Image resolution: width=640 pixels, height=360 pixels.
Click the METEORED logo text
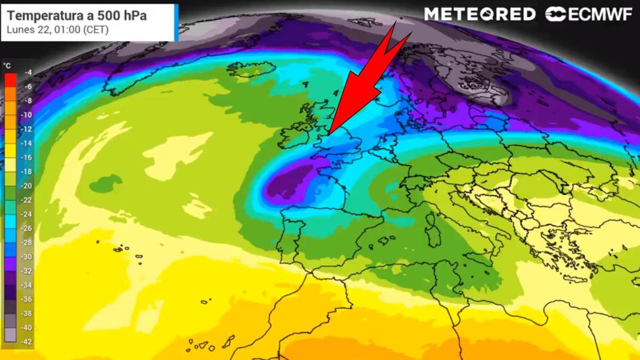pyautogui.click(x=479, y=14)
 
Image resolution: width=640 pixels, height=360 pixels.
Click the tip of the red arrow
pyautogui.click(x=328, y=133)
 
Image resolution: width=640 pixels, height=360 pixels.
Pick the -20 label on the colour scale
pyautogui.click(x=26, y=186)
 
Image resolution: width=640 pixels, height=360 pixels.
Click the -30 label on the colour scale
pyautogui.click(x=26, y=256)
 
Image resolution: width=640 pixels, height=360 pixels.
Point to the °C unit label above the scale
pyautogui.click(x=7, y=65)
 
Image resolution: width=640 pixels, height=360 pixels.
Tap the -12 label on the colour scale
pyautogui.click(x=26, y=129)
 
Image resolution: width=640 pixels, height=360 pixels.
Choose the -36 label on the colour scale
pyautogui.click(x=26, y=299)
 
